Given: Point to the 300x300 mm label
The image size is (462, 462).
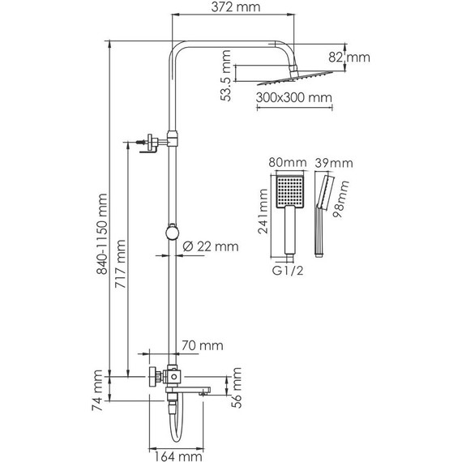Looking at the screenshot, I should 293,98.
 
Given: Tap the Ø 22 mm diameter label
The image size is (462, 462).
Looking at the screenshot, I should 211,246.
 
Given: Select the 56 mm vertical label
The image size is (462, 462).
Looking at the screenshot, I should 237,388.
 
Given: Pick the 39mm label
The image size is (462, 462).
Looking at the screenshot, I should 333,163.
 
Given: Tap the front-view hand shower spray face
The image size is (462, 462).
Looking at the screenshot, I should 288,190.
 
